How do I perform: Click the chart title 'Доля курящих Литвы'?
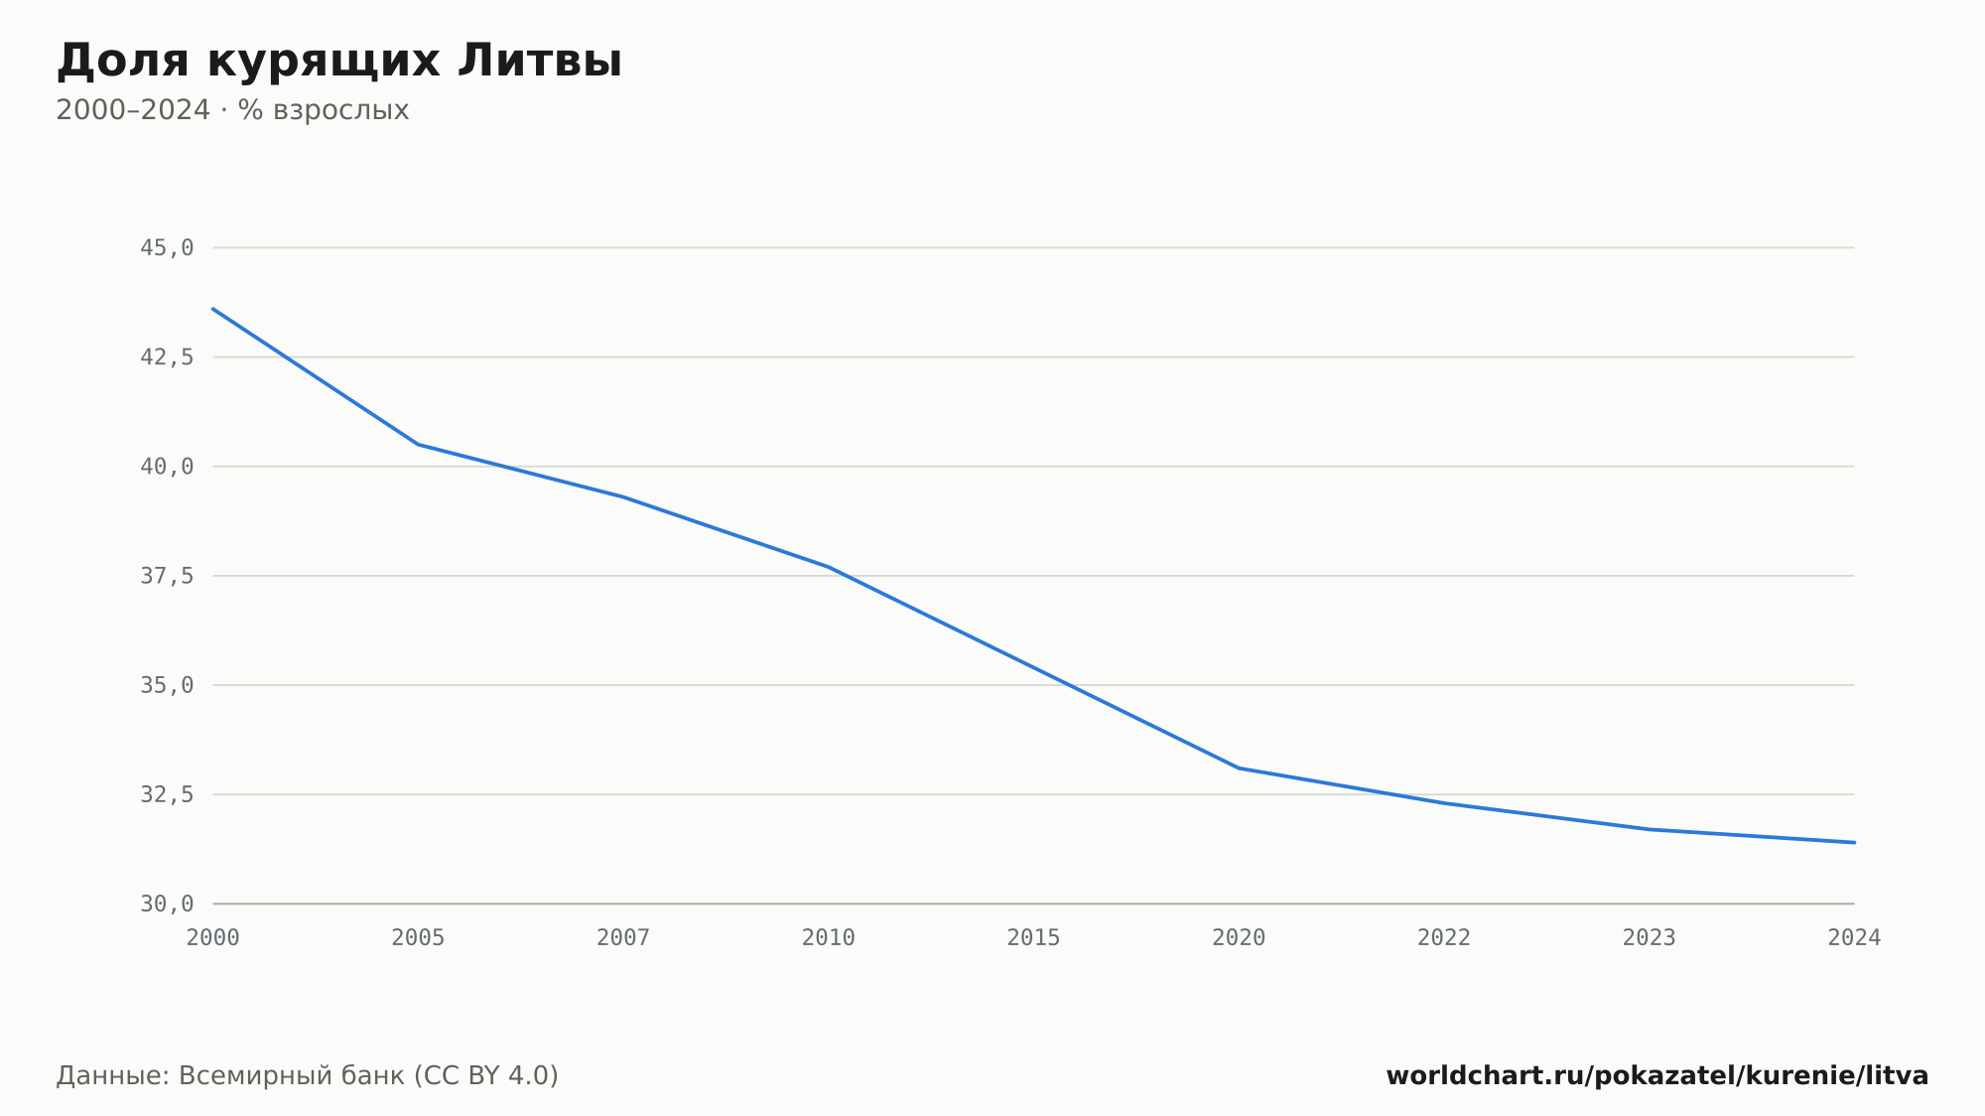tap(338, 62)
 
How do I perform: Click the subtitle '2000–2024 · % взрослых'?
tap(232, 110)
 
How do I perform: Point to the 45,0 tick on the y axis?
tap(167, 248)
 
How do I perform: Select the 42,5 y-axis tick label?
tap(167, 357)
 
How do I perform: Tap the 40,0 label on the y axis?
tap(167, 467)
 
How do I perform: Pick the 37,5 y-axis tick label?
tap(167, 576)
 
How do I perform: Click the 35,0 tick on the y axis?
tap(167, 685)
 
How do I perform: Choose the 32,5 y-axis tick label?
tap(167, 794)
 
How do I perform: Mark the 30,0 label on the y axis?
tap(167, 904)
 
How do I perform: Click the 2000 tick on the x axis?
tap(213, 938)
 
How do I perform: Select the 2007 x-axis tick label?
tap(623, 938)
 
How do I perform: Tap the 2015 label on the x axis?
tap(1034, 938)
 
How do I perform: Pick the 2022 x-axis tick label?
tap(1444, 938)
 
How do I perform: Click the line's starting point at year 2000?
tap(213, 309)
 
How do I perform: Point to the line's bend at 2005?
tap(418, 444)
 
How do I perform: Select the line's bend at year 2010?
tap(829, 567)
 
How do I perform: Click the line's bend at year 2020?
tap(1239, 767)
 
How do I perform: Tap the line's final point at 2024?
tap(1854, 842)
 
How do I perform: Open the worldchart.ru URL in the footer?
tap(1657, 1076)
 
